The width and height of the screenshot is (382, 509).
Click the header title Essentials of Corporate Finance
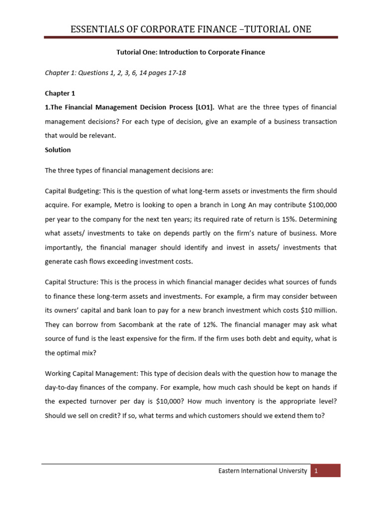[x=191, y=29]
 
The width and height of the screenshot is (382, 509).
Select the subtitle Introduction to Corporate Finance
[x=191, y=53]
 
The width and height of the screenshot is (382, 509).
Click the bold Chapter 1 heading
[x=59, y=93]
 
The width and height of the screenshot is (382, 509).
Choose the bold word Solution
[x=58, y=150]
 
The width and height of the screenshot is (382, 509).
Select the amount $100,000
[x=318, y=205]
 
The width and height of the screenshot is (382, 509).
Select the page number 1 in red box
[x=316, y=471]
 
